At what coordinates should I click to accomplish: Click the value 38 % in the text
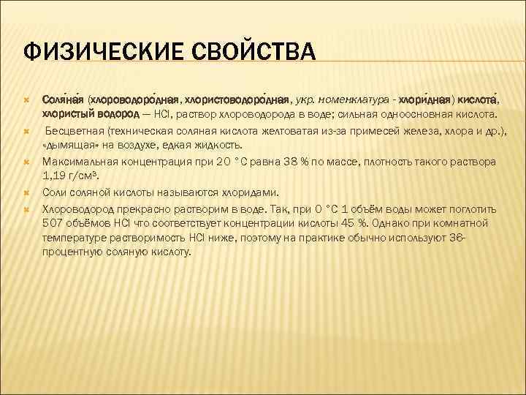[293, 161]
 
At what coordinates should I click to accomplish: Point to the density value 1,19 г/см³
[74, 176]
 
